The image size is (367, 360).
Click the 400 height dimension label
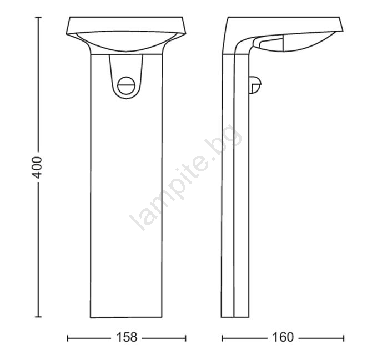point(37,168)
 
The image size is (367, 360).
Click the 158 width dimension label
point(127,337)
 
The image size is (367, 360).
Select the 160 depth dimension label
point(283,337)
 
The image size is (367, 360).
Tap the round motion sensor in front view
point(127,85)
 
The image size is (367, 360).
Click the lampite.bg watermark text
point(186,177)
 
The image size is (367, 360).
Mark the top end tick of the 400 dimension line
point(38,17)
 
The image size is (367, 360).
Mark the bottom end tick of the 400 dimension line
point(38,317)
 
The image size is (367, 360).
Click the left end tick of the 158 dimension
point(67,338)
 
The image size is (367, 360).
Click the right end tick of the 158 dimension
point(185,338)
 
